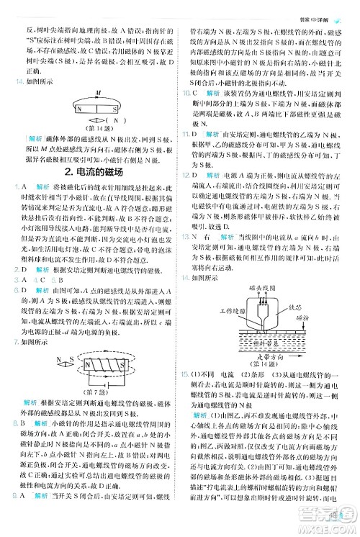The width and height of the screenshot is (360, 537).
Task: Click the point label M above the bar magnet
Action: [99, 93]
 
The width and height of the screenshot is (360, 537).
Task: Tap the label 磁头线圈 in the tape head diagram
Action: [260, 288]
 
